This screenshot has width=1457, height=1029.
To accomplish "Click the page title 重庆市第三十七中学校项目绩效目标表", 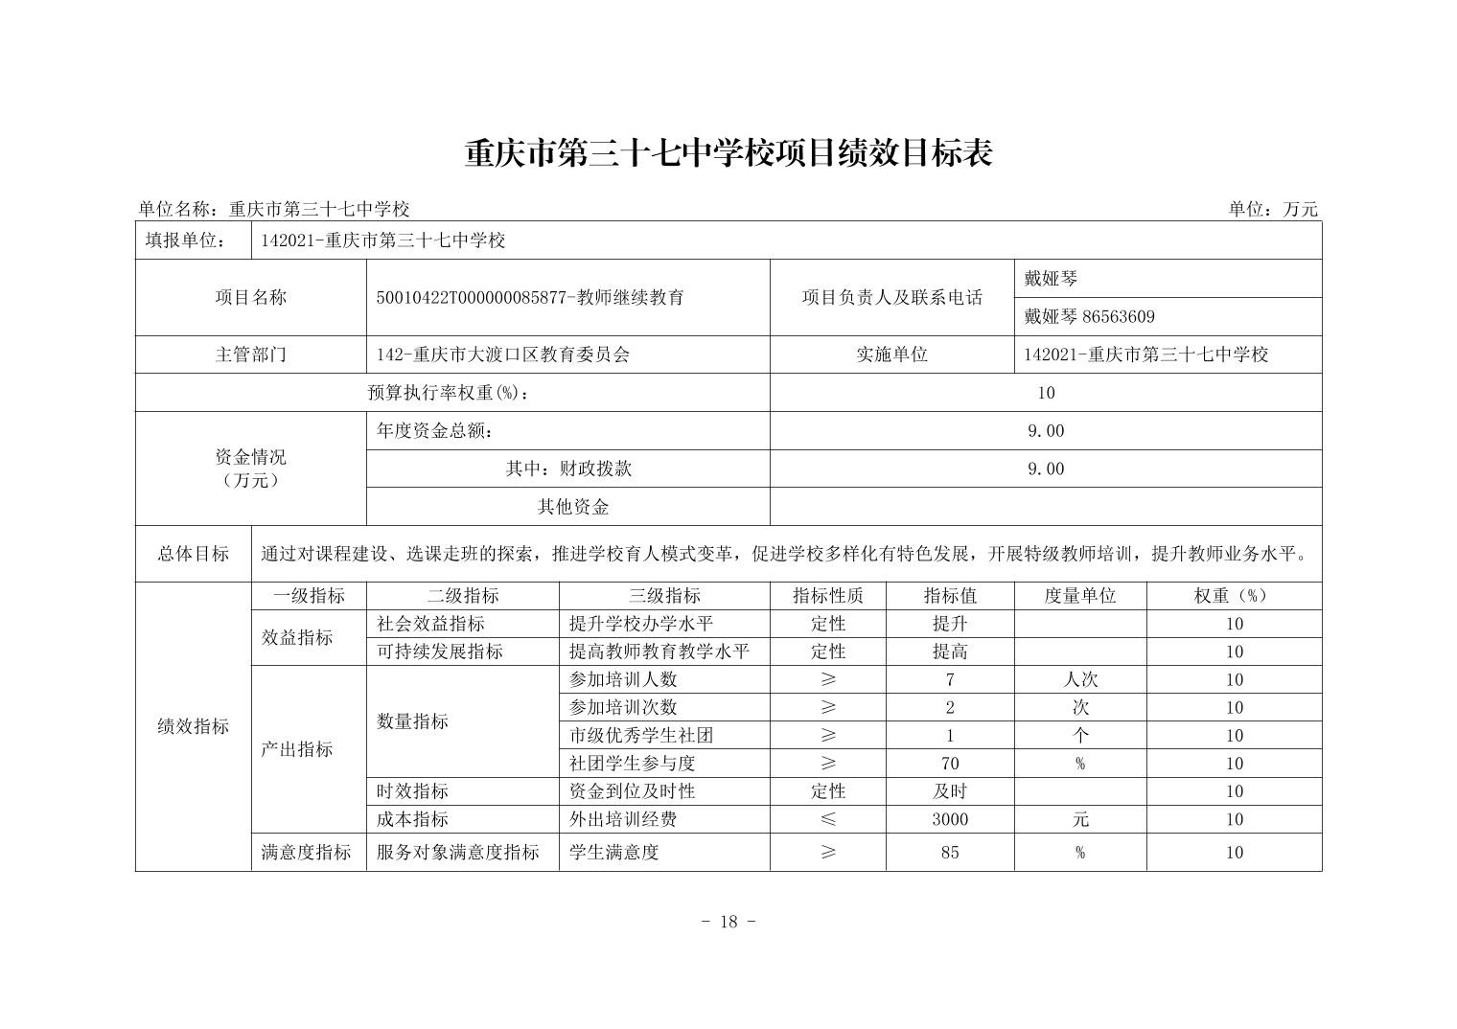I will (x=728, y=153).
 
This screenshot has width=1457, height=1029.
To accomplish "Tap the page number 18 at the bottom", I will (x=728, y=922).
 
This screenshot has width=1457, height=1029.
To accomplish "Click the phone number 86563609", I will (x=1118, y=316).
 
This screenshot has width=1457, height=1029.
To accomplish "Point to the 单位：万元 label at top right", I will (x=1273, y=209).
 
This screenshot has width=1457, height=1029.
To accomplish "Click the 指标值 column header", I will (x=950, y=595).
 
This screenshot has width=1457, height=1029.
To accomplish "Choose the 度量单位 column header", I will (x=1080, y=595).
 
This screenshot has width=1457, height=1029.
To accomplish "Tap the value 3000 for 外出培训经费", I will (x=950, y=819).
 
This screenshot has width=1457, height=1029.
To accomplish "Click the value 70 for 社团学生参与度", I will (x=950, y=764).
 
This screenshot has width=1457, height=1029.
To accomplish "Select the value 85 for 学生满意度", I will (x=950, y=852).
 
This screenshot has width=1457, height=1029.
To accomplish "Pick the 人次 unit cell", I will (x=1080, y=679).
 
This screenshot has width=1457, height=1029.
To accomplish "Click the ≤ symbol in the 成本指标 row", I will (x=828, y=819).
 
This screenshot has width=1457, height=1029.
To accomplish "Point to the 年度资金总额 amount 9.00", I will (x=1046, y=430).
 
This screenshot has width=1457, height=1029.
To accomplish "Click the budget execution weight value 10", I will (x=1046, y=392).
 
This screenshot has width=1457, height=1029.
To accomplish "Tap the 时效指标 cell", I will (x=413, y=791).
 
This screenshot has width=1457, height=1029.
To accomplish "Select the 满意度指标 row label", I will (x=307, y=852).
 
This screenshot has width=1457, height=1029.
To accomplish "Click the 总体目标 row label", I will (x=193, y=554).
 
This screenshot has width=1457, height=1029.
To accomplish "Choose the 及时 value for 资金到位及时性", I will (x=950, y=791).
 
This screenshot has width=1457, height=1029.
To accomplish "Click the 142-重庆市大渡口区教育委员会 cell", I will (x=503, y=354).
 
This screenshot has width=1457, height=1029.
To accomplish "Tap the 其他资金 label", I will (x=573, y=507).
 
